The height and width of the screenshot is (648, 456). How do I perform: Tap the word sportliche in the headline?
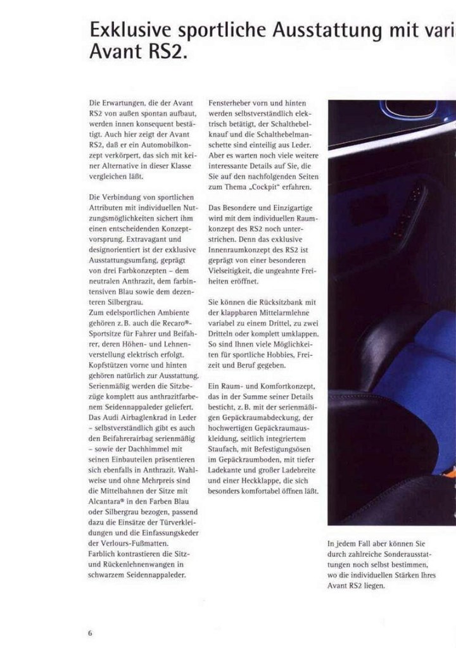[x=218, y=31]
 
